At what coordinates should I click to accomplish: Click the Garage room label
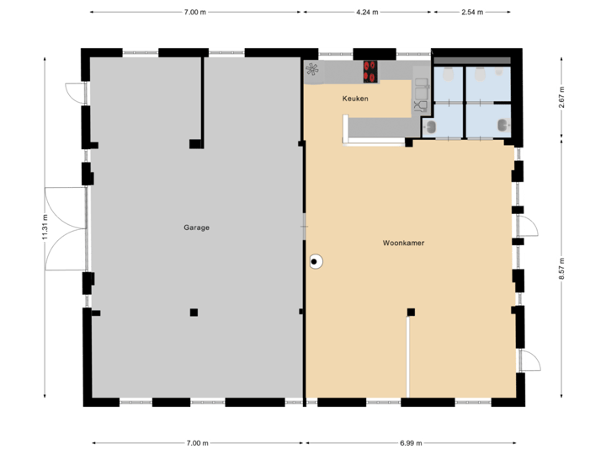pos(197,227)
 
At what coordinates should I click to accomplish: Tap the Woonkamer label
pos(403,243)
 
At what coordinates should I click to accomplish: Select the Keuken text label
pos(355,99)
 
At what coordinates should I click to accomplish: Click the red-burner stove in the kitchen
pos(370,72)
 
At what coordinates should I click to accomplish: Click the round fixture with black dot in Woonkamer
pos(316,262)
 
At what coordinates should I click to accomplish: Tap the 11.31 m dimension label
pos(45,227)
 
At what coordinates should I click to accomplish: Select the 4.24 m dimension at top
pos(368,13)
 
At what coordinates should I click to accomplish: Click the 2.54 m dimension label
pos(471,13)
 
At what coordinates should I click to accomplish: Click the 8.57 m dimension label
pos(561,268)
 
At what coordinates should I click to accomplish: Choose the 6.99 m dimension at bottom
pos(411,442)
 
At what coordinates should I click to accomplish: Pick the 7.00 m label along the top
pos(195,13)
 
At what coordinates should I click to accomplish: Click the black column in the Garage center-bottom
pos(194,312)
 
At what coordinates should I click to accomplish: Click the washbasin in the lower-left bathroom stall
pos(430,127)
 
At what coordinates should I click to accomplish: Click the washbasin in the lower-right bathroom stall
pos(502,126)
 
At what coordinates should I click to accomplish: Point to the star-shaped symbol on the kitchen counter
pos(312,70)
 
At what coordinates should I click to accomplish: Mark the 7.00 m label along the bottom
pos(197,442)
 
